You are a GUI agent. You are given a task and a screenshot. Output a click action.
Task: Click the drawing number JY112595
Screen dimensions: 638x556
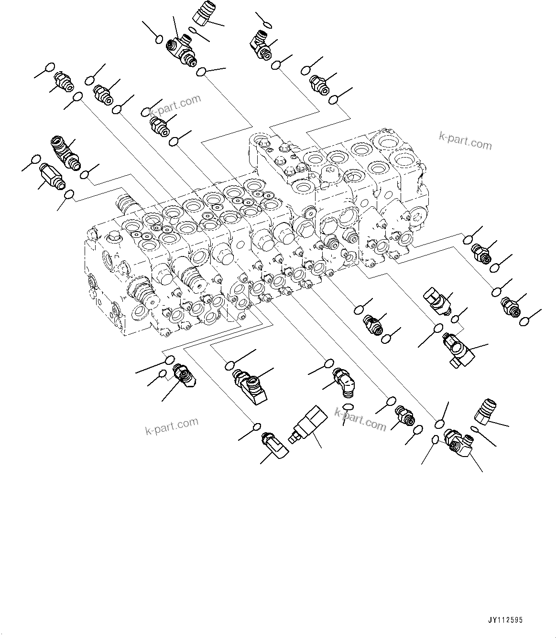coord(505,620)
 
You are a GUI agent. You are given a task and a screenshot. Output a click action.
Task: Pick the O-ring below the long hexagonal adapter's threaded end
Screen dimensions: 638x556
coord(69,194)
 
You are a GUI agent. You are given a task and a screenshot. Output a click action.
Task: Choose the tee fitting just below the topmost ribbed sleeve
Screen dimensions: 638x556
coord(181,50)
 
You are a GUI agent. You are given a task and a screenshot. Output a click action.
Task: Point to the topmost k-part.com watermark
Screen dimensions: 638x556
coord(175,106)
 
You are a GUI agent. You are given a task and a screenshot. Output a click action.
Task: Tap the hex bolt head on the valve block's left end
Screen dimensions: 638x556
coord(115,235)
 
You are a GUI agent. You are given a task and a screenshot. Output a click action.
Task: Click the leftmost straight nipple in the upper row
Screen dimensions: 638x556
coord(63,81)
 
